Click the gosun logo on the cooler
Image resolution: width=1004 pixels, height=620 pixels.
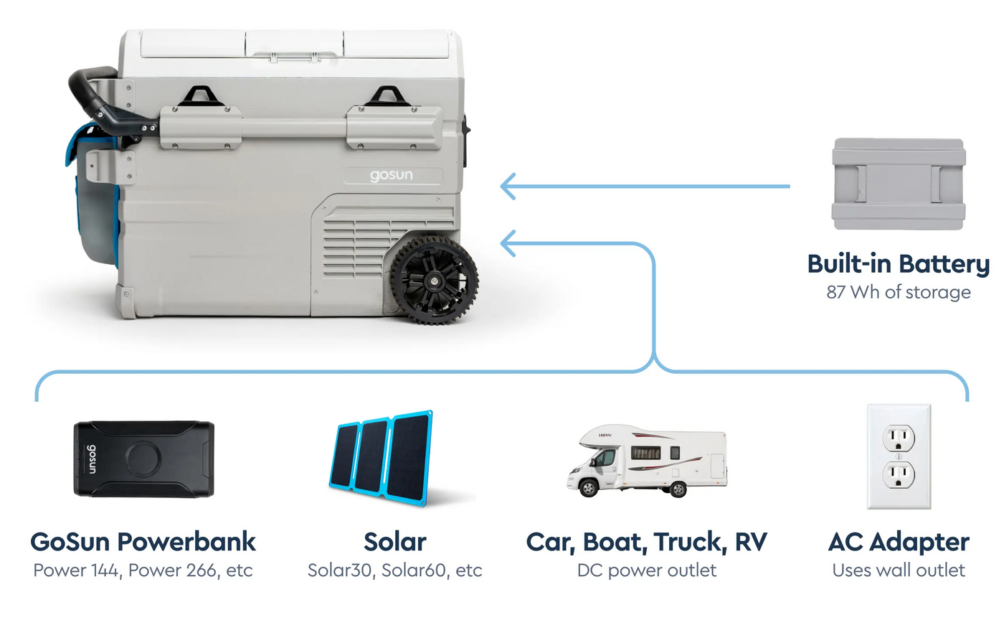click(x=392, y=175)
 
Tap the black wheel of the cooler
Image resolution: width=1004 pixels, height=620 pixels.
click(x=434, y=281)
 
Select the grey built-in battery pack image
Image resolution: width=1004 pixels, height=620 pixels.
click(x=899, y=184)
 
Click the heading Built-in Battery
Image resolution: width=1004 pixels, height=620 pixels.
click(x=898, y=264)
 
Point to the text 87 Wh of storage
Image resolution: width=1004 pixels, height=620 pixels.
click(x=899, y=292)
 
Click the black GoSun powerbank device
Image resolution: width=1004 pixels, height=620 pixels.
click(x=144, y=459)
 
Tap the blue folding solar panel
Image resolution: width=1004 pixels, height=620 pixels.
click(x=381, y=458)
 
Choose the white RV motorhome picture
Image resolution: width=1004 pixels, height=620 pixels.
click(x=647, y=460)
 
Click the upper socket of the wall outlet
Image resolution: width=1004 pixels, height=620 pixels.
click(x=898, y=438)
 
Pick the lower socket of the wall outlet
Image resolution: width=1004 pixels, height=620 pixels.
click(x=898, y=475)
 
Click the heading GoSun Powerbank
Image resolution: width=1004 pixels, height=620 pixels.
click(x=143, y=542)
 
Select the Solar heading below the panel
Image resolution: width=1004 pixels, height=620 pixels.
click(x=395, y=542)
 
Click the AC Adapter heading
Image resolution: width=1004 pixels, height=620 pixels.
click(x=899, y=542)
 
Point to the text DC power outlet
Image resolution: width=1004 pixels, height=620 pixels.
click(x=647, y=570)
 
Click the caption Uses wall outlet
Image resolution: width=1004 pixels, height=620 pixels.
click(x=899, y=570)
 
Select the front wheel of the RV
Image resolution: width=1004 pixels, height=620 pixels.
click(x=589, y=488)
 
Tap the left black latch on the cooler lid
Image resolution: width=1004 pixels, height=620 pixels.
click(x=200, y=96)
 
